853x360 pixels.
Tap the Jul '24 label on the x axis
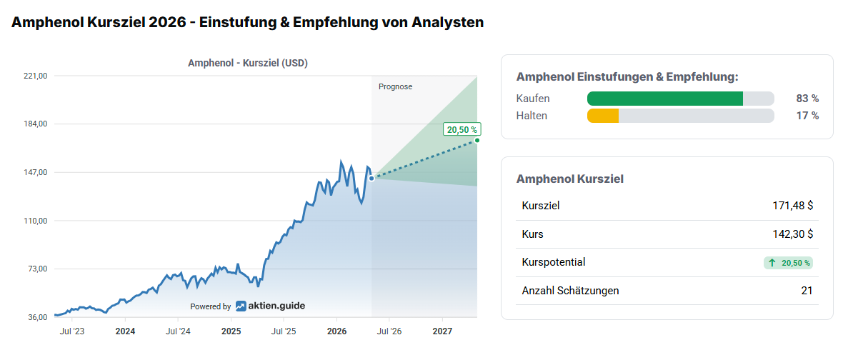(x=178, y=331)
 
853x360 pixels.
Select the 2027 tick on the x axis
(x=442, y=331)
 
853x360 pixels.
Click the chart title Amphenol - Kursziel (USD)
(x=248, y=63)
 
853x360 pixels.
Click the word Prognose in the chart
(x=396, y=86)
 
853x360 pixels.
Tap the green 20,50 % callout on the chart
(x=462, y=129)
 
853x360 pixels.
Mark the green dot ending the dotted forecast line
(x=477, y=140)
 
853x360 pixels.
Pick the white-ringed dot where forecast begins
(x=371, y=178)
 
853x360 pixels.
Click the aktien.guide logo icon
(x=241, y=306)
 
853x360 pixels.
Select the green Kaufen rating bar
(x=665, y=99)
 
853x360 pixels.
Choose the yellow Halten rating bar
(x=603, y=116)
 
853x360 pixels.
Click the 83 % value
(x=807, y=99)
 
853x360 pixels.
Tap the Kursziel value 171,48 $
(x=792, y=206)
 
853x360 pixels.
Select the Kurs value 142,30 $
(x=792, y=234)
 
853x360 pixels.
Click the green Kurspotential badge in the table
(x=788, y=263)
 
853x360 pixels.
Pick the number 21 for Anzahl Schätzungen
(x=807, y=291)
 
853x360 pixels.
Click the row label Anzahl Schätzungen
(x=570, y=291)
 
